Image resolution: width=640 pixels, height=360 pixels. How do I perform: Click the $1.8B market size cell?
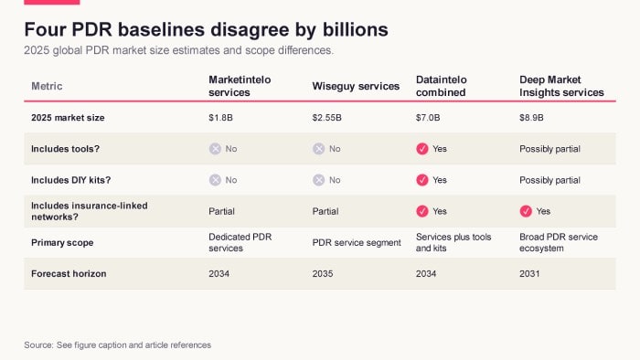coord(220,118)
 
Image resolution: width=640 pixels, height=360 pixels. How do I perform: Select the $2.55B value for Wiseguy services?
coord(326,118)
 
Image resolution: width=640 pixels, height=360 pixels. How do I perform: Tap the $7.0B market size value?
coord(428,118)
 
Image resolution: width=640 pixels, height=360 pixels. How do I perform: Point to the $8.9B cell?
coord(531,118)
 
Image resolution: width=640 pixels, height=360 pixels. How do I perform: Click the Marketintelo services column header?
coord(240,86)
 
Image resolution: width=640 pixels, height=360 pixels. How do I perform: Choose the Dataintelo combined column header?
coord(442,86)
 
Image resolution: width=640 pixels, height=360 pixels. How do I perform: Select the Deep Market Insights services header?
coord(561,86)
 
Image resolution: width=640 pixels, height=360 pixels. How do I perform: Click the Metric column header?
coord(47,86)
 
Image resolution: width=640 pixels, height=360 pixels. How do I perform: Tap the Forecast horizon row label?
coord(69,273)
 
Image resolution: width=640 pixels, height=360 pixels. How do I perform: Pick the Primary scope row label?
coord(62,242)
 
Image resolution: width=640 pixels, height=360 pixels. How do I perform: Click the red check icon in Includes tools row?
coord(422,149)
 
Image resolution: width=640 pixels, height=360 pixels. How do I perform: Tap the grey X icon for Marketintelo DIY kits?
coord(215,180)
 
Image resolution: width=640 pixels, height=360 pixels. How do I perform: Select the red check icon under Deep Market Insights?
coord(526,211)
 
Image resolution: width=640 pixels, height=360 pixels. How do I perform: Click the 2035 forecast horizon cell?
coord(323,273)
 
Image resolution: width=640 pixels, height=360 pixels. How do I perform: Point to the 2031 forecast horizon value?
coord(529,273)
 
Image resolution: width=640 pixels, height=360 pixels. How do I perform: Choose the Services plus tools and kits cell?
coord(453,242)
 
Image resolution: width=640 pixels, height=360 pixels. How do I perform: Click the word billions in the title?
coord(356,30)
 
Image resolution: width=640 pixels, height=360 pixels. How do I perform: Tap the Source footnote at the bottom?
coord(118,344)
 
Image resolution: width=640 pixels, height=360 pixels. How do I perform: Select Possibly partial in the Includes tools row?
coord(549,149)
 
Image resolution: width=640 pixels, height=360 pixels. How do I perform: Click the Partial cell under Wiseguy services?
coord(325,211)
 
